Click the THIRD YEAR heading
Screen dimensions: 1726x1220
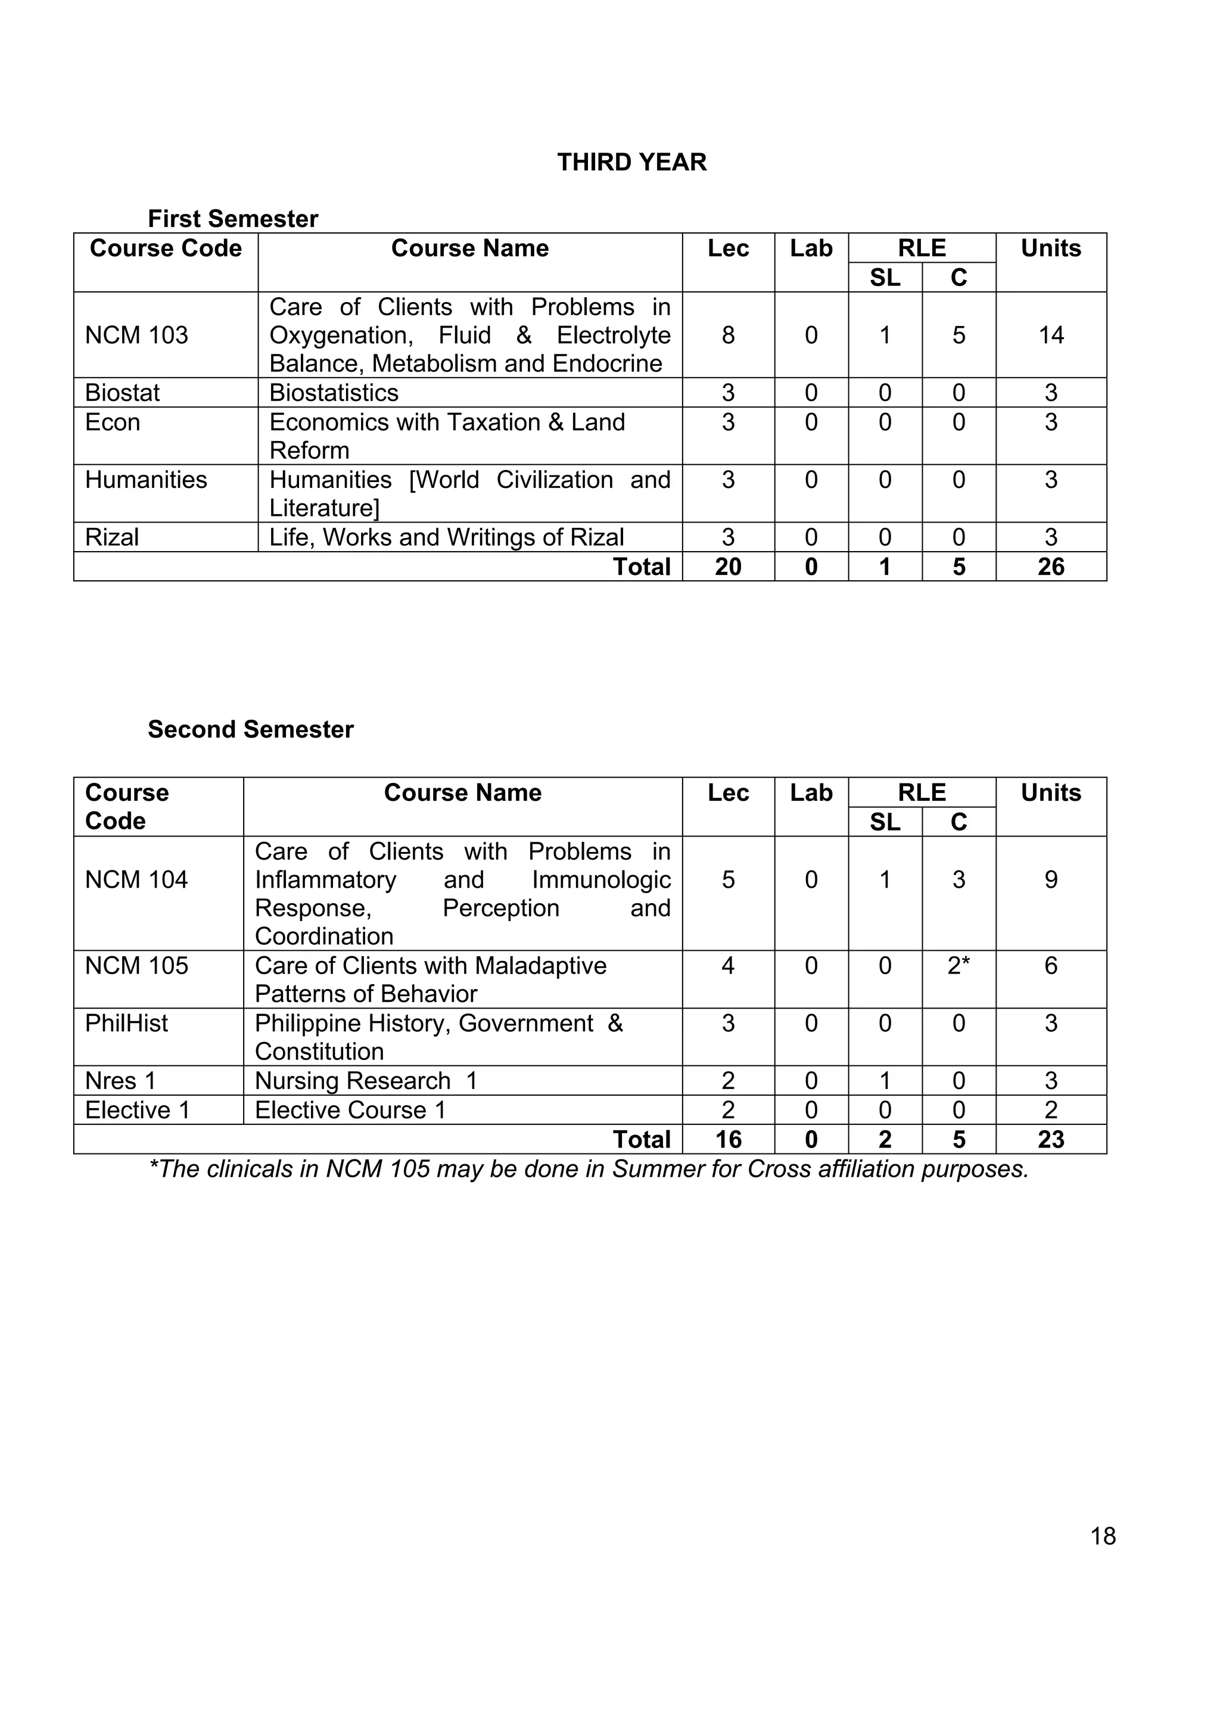pyautogui.click(x=631, y=163)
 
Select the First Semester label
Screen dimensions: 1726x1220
pyautogui.click(x=233, y=219)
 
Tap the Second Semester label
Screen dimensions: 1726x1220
pyautogui.click(x=250, y=729)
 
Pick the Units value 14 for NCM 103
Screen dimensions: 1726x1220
pyautogui.click(x=1051, y=335)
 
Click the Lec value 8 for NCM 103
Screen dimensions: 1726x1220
pyautogui.click(x=727, y=335)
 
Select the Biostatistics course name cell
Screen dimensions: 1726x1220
pyautogui.click(x=334, y=393)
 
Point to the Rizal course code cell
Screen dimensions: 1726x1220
pyautogui.click(x=112, y=537)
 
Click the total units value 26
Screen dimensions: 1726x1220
pyautogui.click(x=1051, y=567)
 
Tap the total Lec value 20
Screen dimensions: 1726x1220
pyautogui.click(x=727, y=567)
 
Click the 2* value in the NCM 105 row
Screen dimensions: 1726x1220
pyautogui.click(x=958, y=966)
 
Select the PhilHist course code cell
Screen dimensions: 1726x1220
pyautogui.click(x=126, y=1023)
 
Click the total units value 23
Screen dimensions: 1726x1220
pyautogui.click(x=1051, y=1140)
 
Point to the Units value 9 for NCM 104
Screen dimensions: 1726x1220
pyautogui.click(x=1051, y=879)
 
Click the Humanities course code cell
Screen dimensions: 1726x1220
pyautogui.click(x=146, y=480)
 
